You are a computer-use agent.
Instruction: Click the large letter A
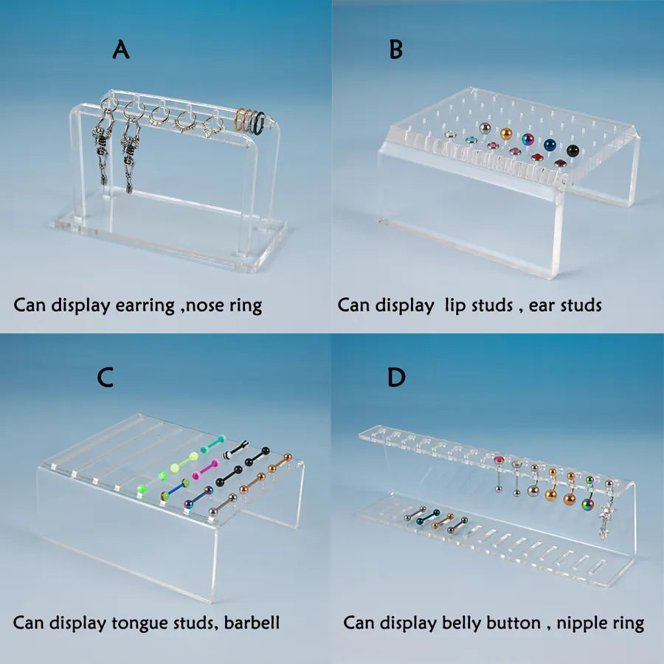[x=121, y=49]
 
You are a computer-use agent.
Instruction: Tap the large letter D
[x=396, y=377]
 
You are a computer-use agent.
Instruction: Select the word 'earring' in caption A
[x=145, y=305]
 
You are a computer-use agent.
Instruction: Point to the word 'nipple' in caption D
[x=575, y=623]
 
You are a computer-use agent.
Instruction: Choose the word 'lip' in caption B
[x=454, y=305]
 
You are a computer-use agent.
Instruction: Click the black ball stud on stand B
[x=573, y=151]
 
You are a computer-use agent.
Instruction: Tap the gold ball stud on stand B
[x=506, y=134]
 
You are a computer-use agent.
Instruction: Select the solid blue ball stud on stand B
[x=550, y=145]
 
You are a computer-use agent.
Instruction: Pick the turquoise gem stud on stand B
[x=471, y=139]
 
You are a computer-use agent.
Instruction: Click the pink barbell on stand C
[x=206, y=469]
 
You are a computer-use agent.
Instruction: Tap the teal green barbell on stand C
[x=212, y=443]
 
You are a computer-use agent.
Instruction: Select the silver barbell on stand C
[x=223, y=505]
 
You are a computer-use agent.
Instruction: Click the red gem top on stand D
[x=499, y=460]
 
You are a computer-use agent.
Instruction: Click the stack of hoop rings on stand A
[x=250, y=121]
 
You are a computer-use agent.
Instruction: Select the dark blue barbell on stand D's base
[x=428, y=517]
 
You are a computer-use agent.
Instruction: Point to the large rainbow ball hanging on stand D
[x=587, y=504]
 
